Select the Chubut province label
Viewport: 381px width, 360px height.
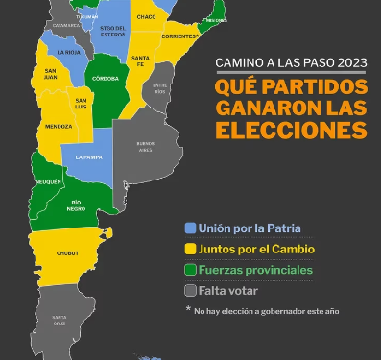pyautogui.click(x=67, y=253)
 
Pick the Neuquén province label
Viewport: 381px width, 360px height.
pyautogui.click(x=49, y=180)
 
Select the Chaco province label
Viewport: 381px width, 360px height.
pyautogui.click(x=146, y=17)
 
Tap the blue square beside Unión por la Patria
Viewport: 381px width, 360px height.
pyautogui.click(x=191, y=228)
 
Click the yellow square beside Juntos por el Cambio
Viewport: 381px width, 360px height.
pyautogui.click(x=191, y=250)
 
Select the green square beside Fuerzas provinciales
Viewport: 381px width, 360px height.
pyautogui.click(x=191, y=271)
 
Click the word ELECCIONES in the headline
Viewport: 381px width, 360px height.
pyautogui.click(x=292, y=130)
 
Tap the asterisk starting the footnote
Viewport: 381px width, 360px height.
pyautogui.click(x=189, y=310)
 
